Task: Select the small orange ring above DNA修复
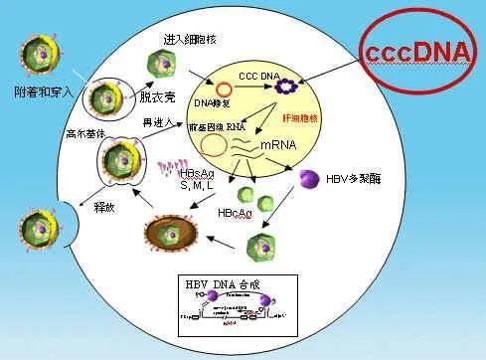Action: click(227, 87)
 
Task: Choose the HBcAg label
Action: click(233, 213)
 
